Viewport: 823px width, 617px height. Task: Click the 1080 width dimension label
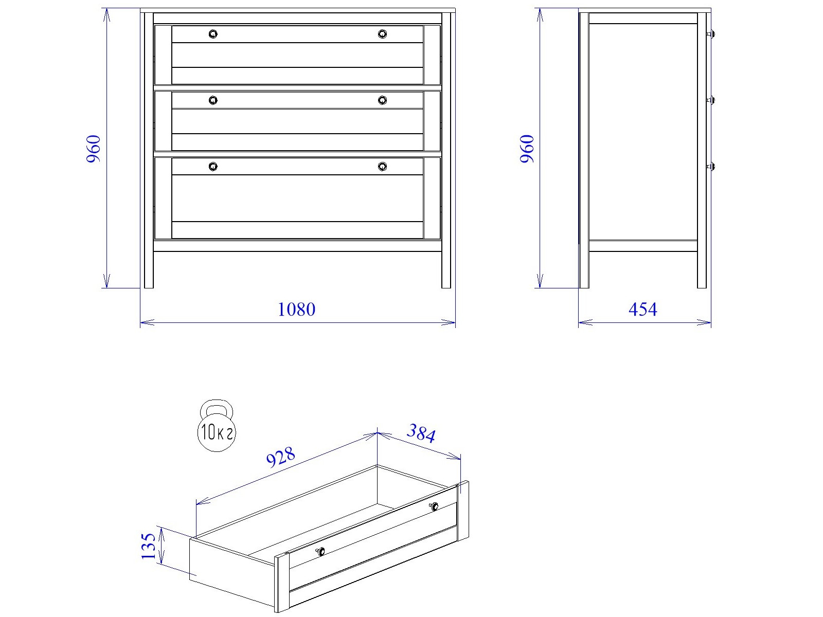pos(296,310)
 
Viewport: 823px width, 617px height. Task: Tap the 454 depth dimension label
pos(642,310)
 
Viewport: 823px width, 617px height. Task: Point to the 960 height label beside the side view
pos(527,149)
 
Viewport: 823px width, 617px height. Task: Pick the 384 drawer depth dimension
pos(421,433)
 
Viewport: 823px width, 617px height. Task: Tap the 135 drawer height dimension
pos(149,546)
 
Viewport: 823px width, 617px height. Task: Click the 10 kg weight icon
pos(217,425)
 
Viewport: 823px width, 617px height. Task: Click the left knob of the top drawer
pos(213,34)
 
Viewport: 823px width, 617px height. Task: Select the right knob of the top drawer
pos(382,34)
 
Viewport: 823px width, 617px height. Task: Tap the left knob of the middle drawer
pos(213,100)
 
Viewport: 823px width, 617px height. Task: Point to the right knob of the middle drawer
pos(382,100)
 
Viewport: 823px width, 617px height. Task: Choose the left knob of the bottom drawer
pos(213,166)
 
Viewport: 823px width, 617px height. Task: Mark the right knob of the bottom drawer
pos(382,166)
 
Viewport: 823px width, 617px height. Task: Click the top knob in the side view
pos(711,34)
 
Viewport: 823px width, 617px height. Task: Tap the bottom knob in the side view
pos(711,166)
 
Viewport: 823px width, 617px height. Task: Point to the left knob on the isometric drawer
pos(320,551)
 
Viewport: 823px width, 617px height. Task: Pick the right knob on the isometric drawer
pos(434,506)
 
